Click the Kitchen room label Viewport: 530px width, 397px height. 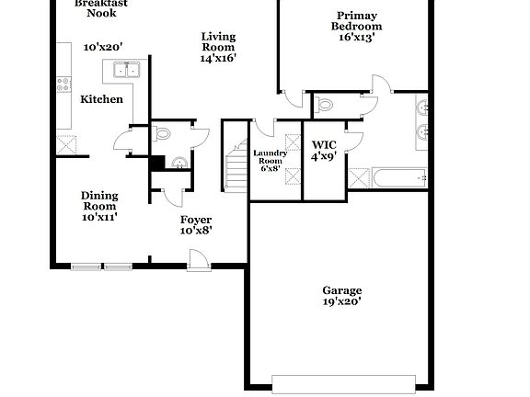tap(101, 99)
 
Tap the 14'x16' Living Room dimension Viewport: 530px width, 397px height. tap(218, 58)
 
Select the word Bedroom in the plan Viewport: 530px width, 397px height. tap(356, 27)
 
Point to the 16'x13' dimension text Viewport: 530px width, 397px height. tap(356, 38)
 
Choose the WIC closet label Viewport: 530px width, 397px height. tap(323, 145)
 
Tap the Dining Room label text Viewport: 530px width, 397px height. tap(98, 200)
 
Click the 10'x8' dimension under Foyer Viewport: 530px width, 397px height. tap(195, 231)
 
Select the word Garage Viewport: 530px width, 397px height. tap(341, 289)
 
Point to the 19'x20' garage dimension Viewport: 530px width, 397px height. tap(341, 301)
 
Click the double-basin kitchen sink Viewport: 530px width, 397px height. tap(124, 70)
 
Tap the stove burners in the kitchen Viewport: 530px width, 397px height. tap(63, 85)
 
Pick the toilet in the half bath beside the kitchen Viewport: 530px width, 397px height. tap(163, 134)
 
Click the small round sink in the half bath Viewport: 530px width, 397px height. tap(178, 164)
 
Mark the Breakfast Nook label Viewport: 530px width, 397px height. tap(101, 8)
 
